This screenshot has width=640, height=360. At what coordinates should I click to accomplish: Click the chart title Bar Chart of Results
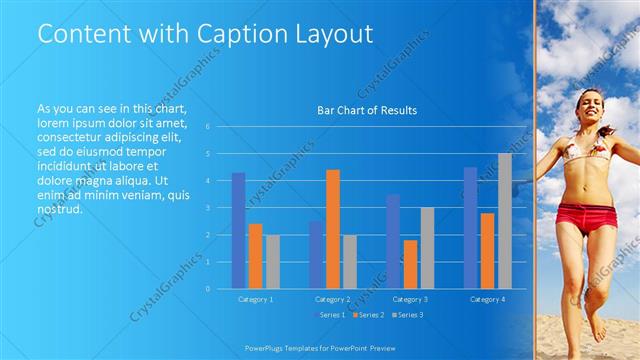367,110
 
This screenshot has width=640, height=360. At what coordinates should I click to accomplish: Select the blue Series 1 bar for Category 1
238,230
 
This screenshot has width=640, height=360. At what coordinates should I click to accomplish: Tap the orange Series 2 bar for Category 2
333,229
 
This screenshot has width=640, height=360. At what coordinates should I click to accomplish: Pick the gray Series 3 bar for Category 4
504,221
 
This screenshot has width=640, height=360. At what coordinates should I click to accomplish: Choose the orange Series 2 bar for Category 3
410,264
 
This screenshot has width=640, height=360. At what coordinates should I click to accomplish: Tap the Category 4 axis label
487,299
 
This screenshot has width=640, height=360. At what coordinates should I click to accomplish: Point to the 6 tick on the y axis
207,127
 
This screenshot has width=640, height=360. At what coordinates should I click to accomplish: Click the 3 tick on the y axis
207,208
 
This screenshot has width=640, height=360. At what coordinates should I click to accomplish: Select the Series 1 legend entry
330,315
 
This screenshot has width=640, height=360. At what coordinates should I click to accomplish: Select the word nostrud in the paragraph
59,209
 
